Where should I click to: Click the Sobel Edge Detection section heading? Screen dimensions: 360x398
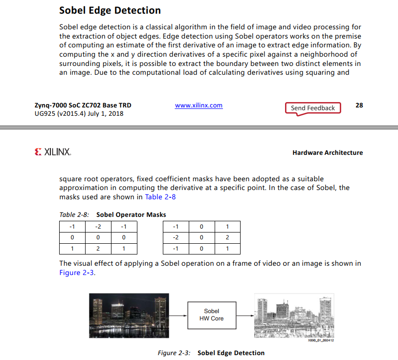[x=110, y=10]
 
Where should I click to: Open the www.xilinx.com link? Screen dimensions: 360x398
[x=199, y=105]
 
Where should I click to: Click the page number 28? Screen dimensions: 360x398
[x=359, y=105]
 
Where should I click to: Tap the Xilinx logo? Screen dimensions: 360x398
[x=53, y=152]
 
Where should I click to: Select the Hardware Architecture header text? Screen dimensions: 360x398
[x=328, y=152]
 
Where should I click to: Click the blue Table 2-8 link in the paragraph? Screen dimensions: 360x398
[x=160, y=197]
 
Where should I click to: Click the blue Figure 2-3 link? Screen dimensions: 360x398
[x=77, y=273]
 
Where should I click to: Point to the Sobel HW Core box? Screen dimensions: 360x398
[x=211, y=315]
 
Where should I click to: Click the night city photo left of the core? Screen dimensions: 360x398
[x=129, y=315]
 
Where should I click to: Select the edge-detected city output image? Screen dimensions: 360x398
[x=294, y=316]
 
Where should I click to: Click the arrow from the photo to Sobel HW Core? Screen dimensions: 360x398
[x=178, y=315]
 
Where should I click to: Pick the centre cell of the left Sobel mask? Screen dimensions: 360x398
[x=98, y=237]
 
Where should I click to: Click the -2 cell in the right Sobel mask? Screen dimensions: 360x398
[x=176, y=237]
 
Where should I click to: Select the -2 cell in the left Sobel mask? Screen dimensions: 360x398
[x=98, y=227]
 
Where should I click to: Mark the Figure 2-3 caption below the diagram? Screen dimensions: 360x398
[x=211, y=353]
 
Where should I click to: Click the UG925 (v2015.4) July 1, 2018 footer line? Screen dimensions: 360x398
[x=79, y=114]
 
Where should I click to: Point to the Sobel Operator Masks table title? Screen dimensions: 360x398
[x=131, y=214]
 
